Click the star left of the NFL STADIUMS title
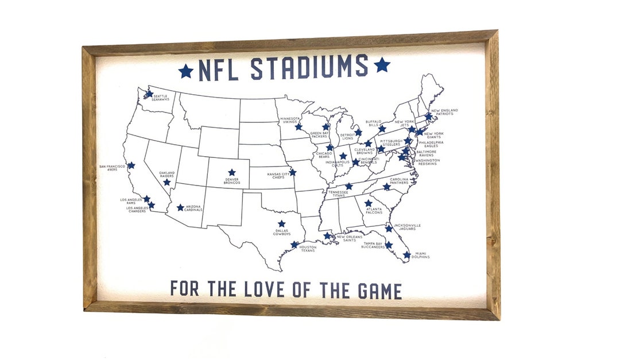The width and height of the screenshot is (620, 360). pos(185,71)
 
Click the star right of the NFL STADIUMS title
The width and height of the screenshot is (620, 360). pos(382,65)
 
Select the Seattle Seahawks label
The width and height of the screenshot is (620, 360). pos(160,98)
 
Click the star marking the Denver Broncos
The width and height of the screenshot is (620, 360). pos(231,172)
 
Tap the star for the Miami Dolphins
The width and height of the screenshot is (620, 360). pos(406,255)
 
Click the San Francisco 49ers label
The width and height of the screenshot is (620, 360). pos(112,168)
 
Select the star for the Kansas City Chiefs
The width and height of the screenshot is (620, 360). pos(292,172)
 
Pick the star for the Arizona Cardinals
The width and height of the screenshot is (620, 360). pos(180,208)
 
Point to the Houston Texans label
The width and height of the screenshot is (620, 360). pos(307,249)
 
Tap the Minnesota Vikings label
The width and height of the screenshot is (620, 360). pos(291,120)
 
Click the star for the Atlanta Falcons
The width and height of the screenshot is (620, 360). pos(368,203)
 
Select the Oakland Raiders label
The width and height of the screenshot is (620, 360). pos(167,175)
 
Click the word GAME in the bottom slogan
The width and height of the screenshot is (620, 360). pos(380,290)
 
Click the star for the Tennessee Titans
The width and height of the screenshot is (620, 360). pos(348,186)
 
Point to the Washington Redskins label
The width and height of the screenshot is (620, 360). pos(428,162)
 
